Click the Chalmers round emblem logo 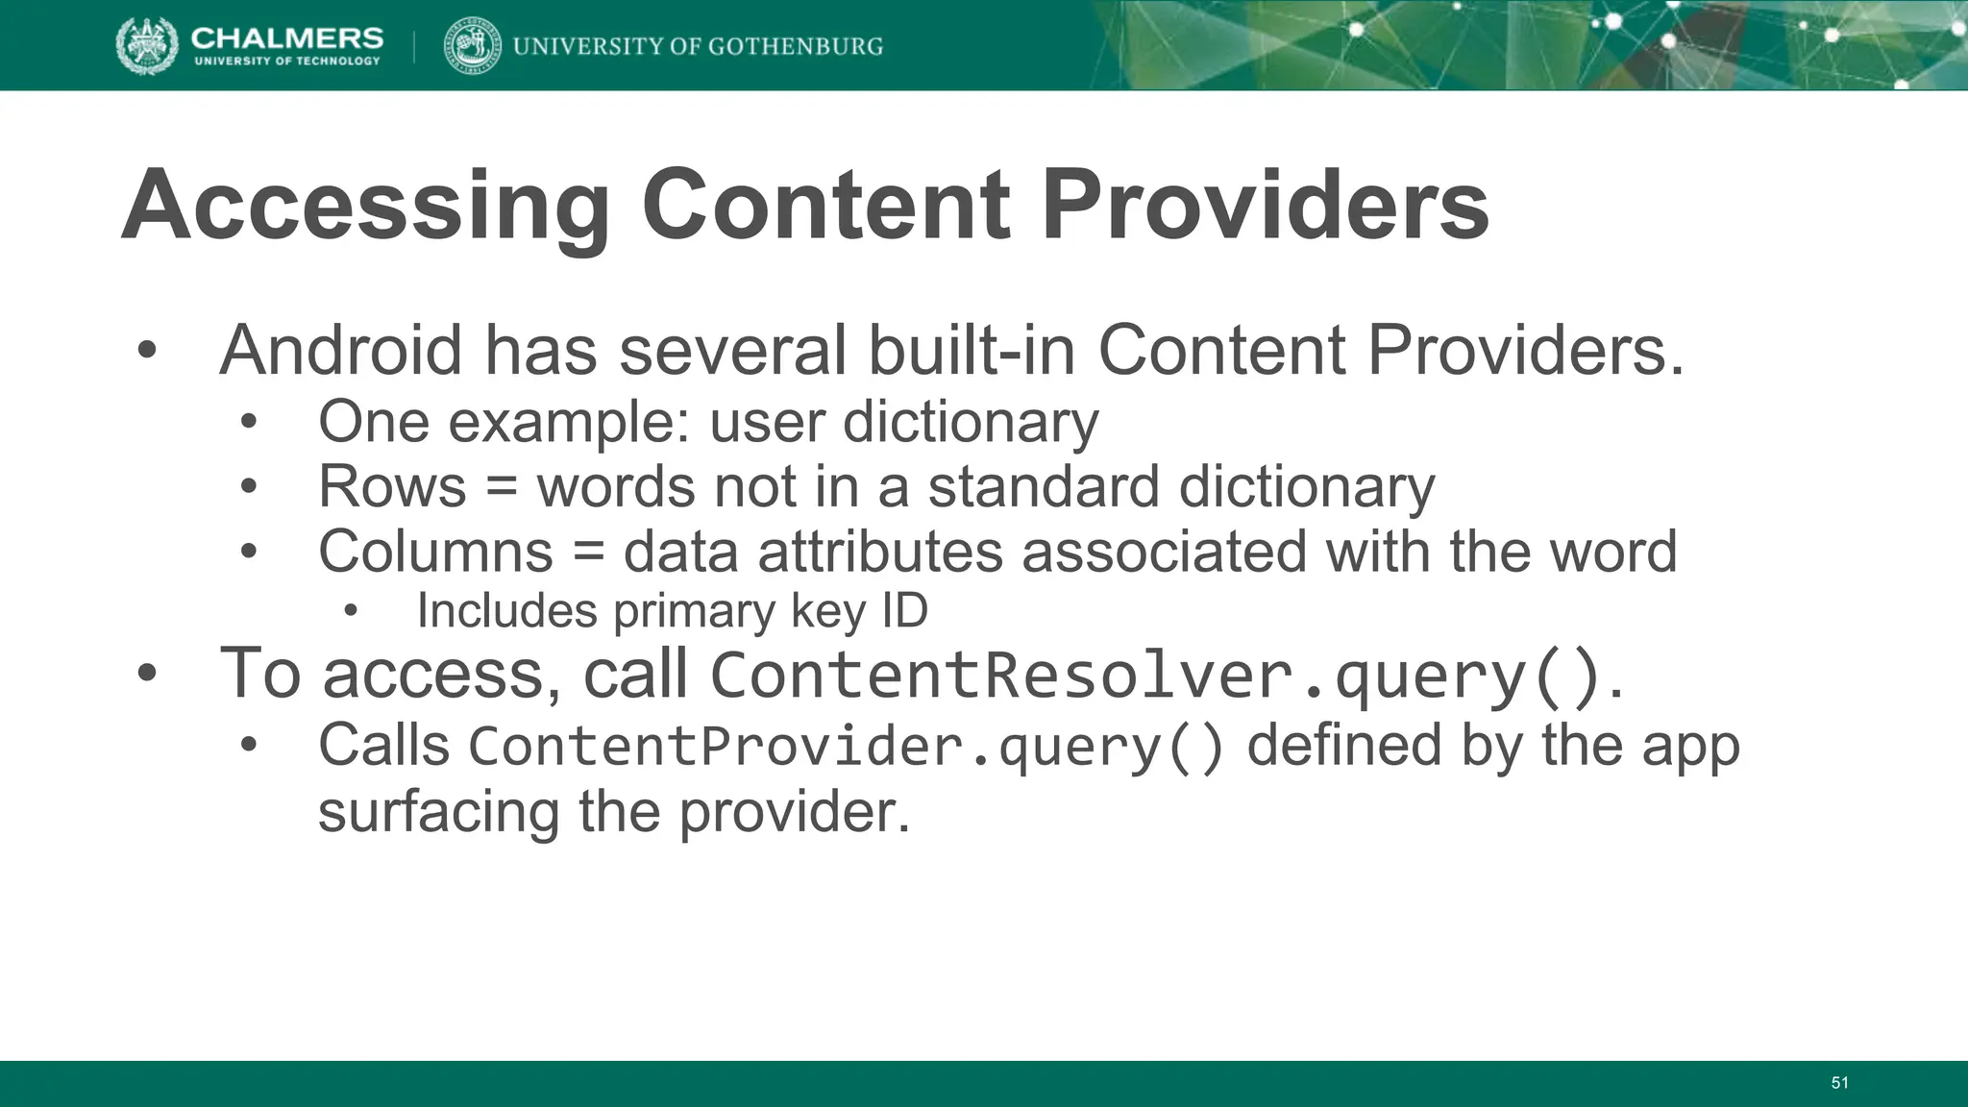click(x=147, y=45)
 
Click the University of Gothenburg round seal click(x=473, y=45)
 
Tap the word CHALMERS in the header click(x=286, y=37)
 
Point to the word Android click(x=341, y=351)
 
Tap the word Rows click(x=392, y=487)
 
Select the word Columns click(x=435, y=552)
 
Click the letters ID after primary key click(x=904, y=611)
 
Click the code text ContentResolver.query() click(x=1157, y=676)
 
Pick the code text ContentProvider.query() click(x=846, y=748)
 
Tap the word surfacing click(x=438, y=812)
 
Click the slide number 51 click(x=1839, y=1083)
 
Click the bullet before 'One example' click(x=250, y=423)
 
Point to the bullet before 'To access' click(x=146, y=674)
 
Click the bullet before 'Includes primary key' click(x=350, y=611)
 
